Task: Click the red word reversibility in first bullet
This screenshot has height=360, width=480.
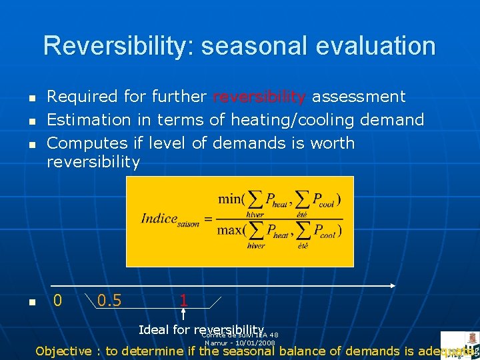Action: (x=259, y=97)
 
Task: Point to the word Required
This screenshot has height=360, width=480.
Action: (x=82, y=97)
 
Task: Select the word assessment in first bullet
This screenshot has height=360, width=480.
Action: (x=359, y=97)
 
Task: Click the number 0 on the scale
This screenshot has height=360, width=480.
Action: (x=57, y=301)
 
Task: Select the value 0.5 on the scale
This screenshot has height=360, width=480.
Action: (x=109, y=301)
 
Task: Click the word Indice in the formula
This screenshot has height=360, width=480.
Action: (x=159, y=219)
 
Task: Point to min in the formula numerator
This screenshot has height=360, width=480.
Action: (x=231, y=199)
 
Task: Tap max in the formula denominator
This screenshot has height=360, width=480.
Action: (x=231, y=230)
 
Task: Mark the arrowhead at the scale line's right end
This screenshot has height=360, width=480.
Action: (x=393, y=285)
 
